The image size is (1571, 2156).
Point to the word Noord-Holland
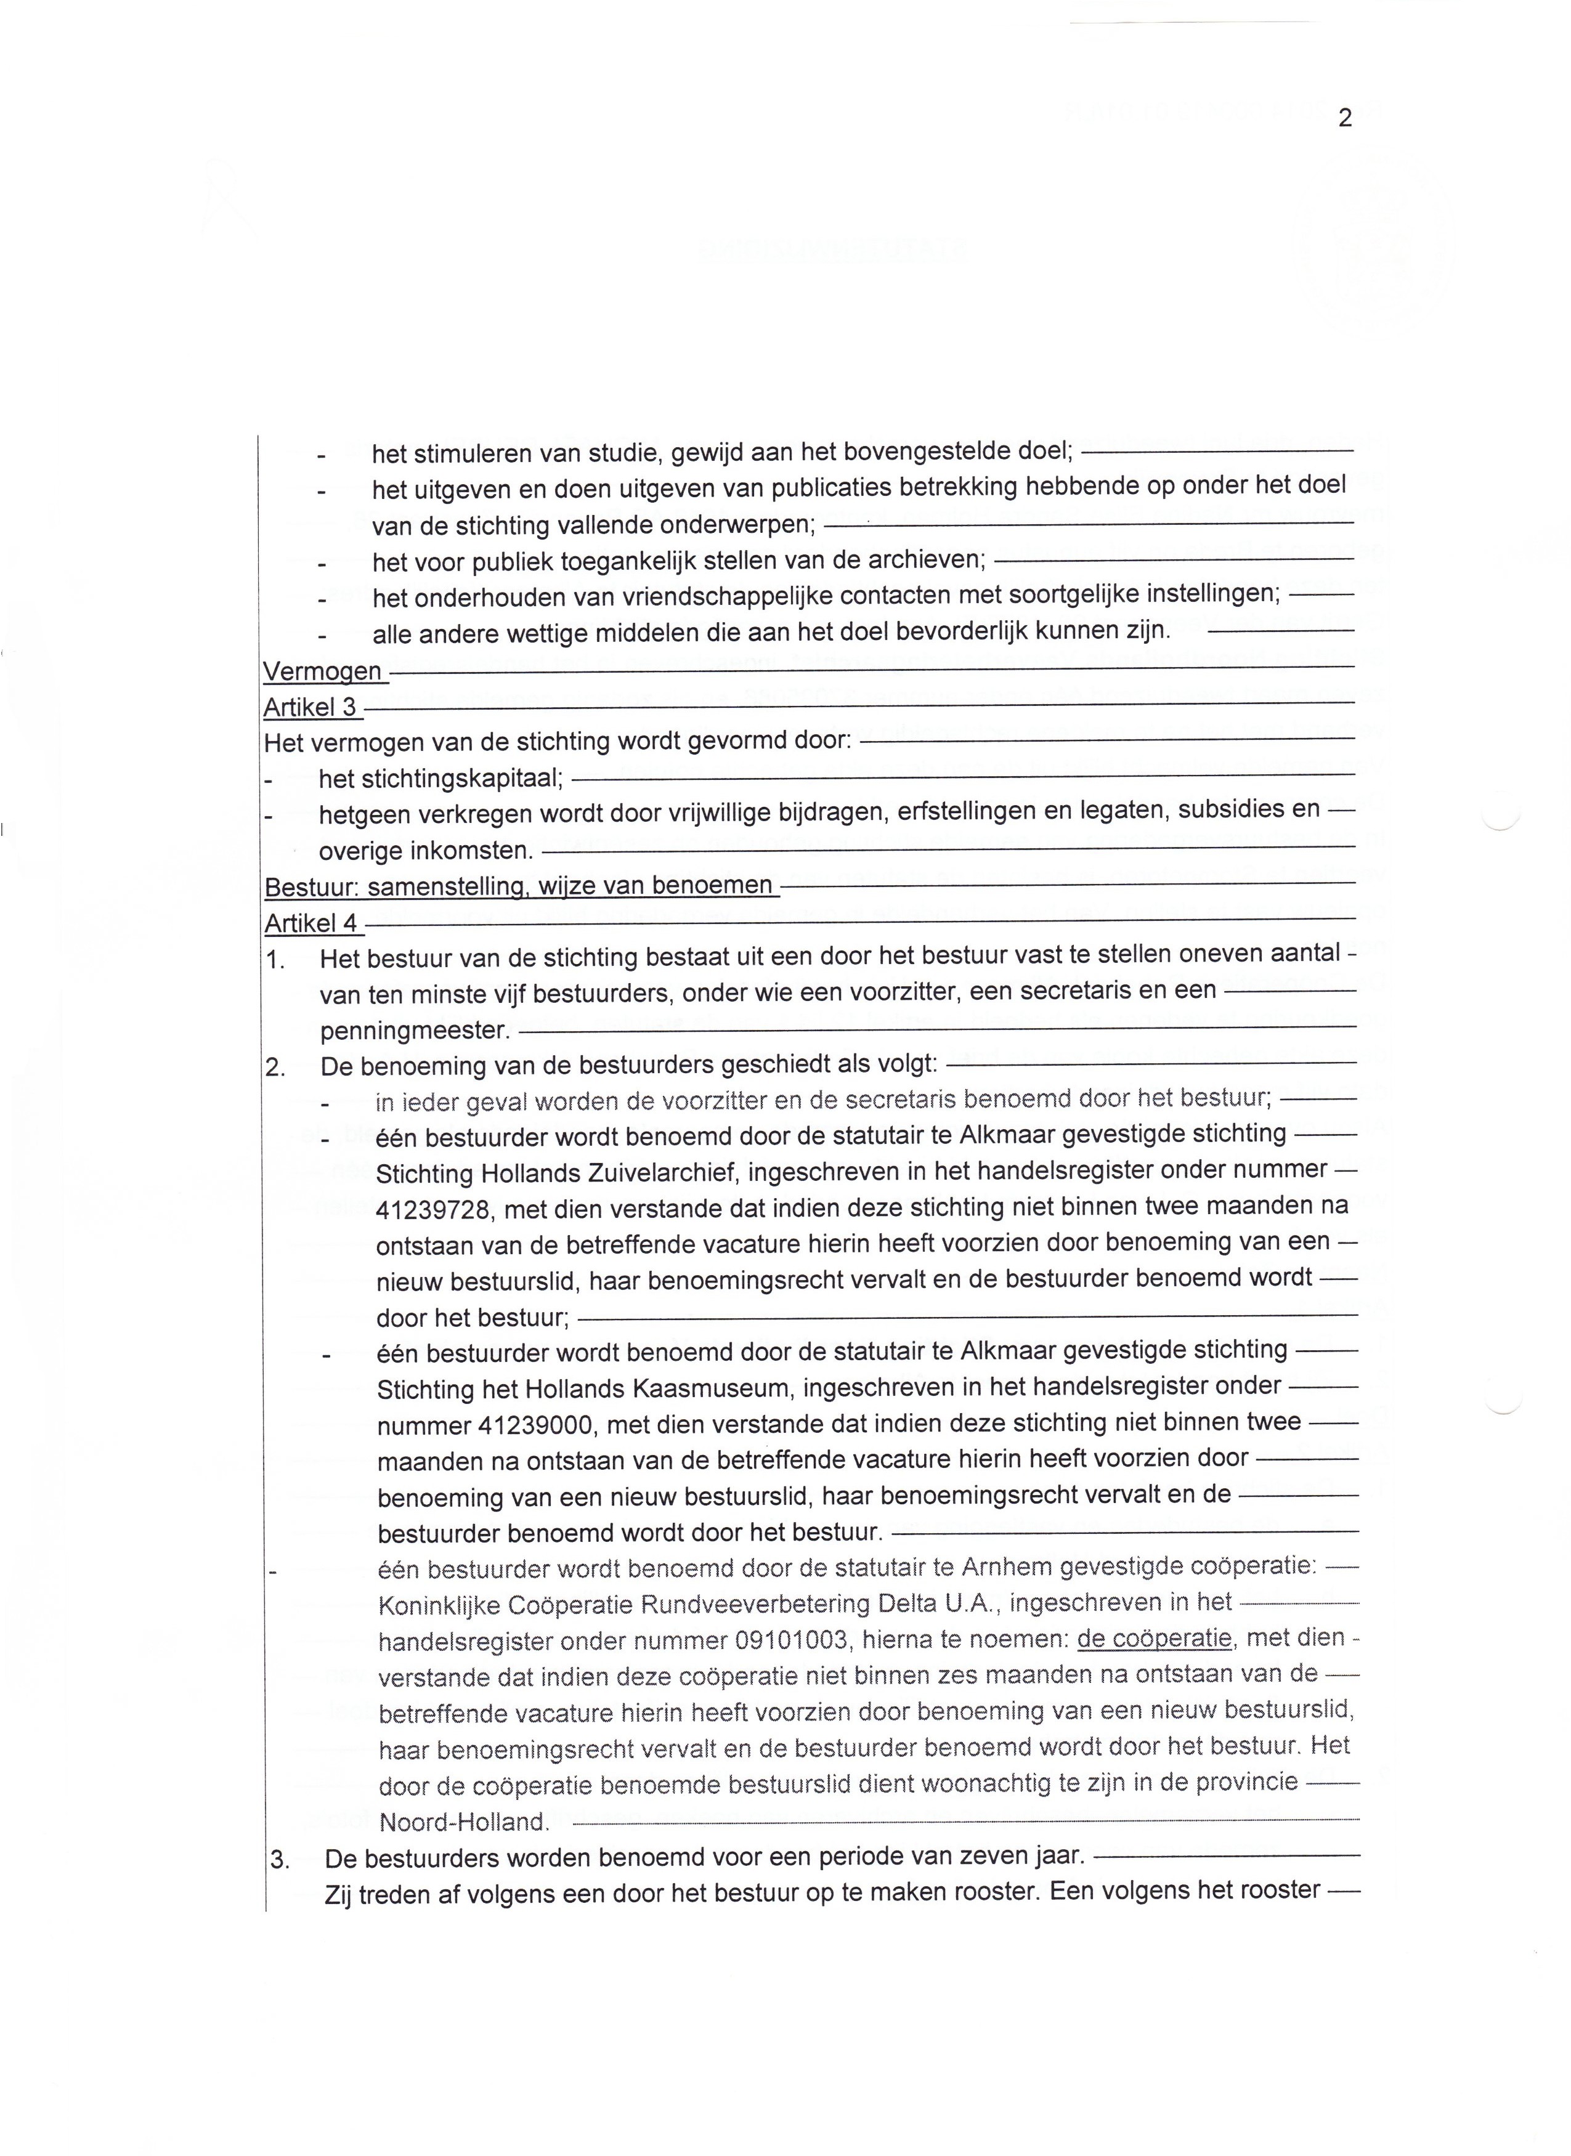point(463,1822)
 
